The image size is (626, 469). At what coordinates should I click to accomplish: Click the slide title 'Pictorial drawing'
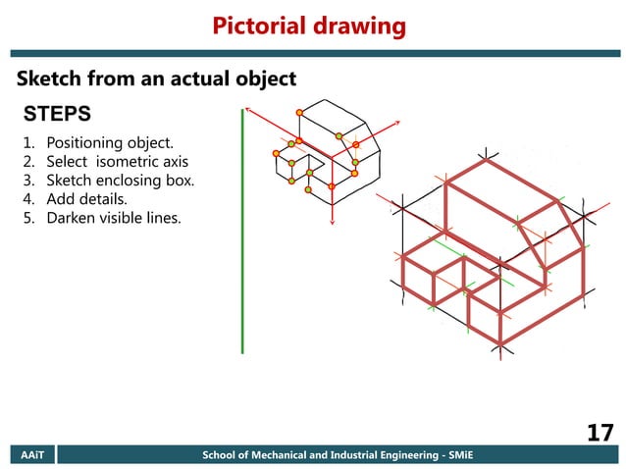309,26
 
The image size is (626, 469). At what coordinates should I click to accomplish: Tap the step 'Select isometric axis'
117,162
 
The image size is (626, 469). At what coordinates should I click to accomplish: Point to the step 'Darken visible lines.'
114,218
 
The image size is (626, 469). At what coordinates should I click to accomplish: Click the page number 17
600,432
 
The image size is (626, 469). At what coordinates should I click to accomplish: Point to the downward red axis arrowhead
332,223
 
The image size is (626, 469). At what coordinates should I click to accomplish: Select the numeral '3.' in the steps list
28,181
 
